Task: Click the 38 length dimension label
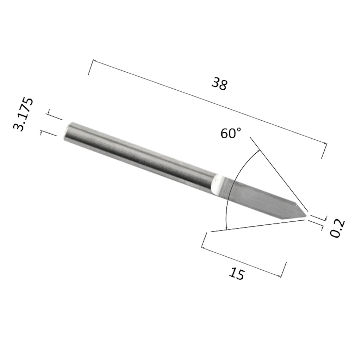click(x=220, y=84)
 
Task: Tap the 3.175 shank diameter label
click(x=23, y=114)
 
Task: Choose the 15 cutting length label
click(x=237, y=274)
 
